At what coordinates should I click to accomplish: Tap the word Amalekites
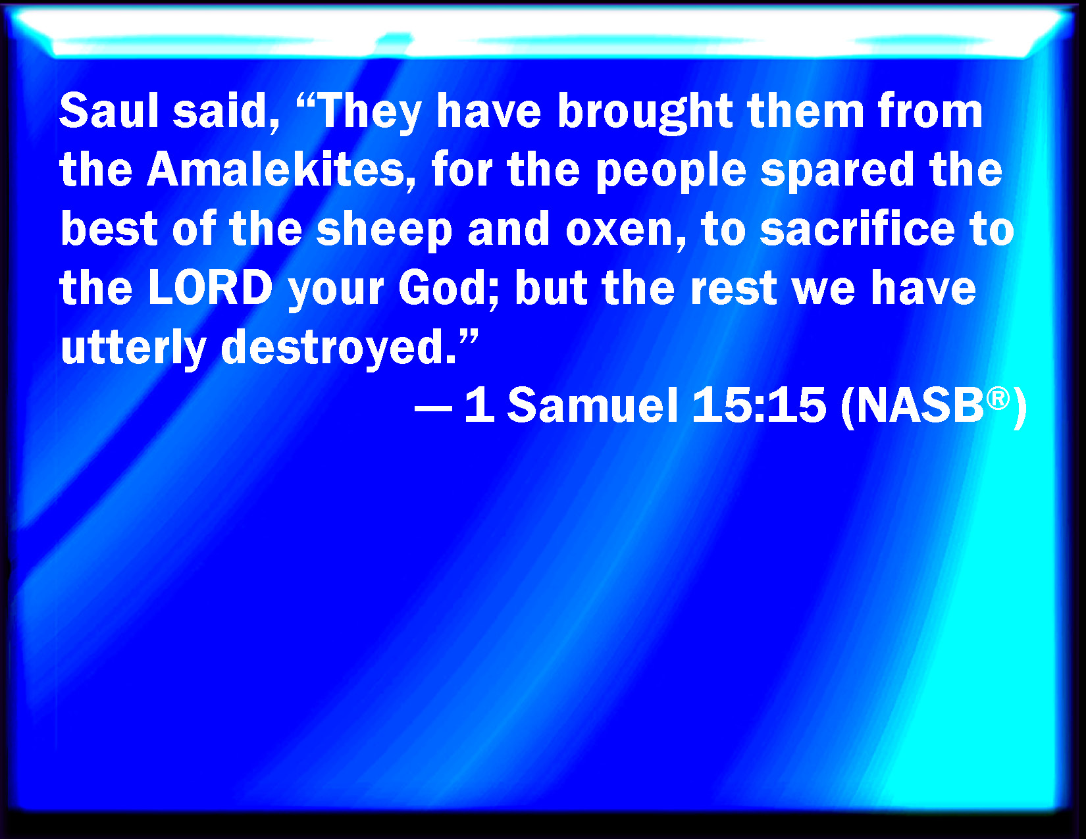coord(276,170)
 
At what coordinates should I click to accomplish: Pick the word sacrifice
coord(858,228)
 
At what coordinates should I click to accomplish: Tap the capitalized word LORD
coord(211,288)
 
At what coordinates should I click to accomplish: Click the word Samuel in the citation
coord(593,405)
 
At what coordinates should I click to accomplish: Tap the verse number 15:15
coord(759,405)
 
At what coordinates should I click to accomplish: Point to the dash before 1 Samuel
coord(433,410)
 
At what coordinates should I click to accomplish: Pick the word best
coord(109,228)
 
